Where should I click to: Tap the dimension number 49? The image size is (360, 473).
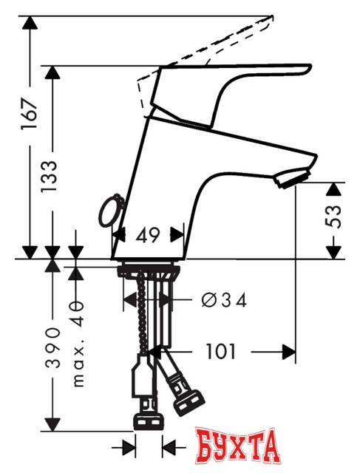pyautogui.click(x=148, y=236)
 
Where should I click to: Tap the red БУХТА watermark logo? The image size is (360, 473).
pyautogui.click(x=240, y=446)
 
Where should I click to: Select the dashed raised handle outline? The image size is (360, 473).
pyautogui.click(x=214, y=44)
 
